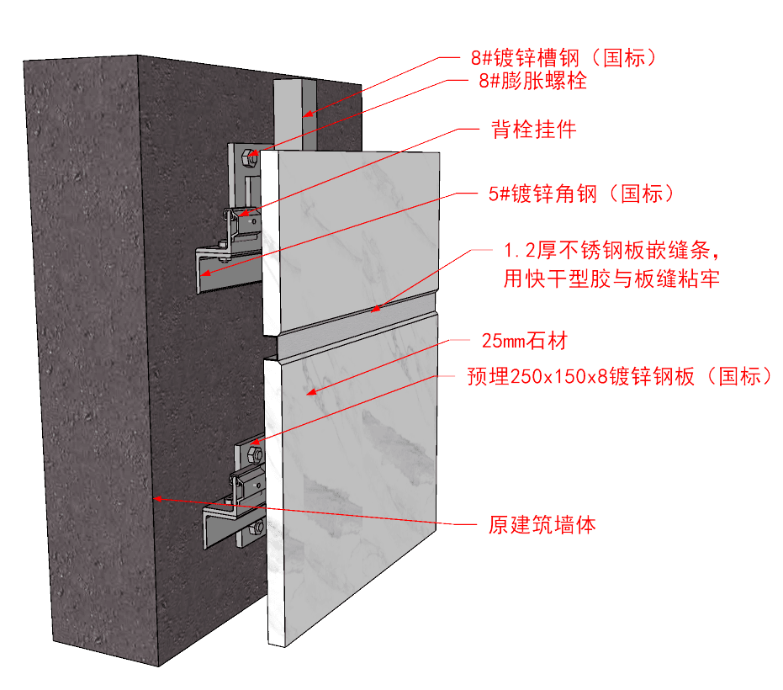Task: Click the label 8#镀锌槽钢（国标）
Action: [563, 58]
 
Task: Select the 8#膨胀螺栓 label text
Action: [532, 82]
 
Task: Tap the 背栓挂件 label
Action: [533, 130]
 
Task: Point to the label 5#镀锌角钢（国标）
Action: [581, 194]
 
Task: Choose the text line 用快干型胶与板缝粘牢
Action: [611, 279]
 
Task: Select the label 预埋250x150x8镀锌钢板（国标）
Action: [619, 378]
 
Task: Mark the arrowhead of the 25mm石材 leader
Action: [309, 392]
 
